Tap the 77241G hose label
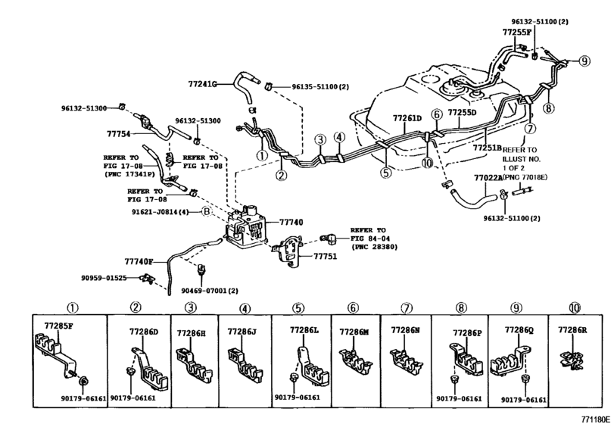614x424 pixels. [203, 83]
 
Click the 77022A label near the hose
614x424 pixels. [489, 177]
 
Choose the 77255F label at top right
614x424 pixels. [517, 33]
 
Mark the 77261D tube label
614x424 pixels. [407, 119]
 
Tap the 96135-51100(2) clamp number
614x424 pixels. [321, 86]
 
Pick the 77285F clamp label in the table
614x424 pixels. [58, 327]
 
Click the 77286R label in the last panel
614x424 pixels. [572, 331]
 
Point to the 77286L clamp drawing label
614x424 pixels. [306, 331]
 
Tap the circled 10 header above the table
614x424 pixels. [574, 308]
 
